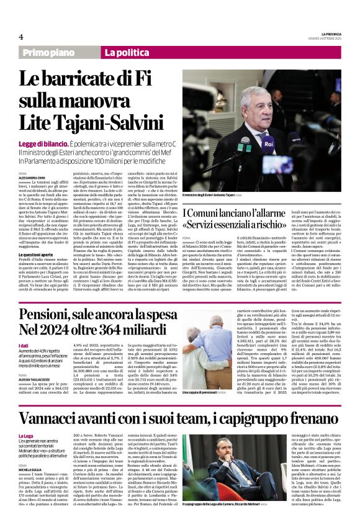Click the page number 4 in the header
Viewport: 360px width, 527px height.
pyautogui.click(x=20, y=37)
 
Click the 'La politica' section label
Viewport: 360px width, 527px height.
pyautogui.click(x=127, y=53)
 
